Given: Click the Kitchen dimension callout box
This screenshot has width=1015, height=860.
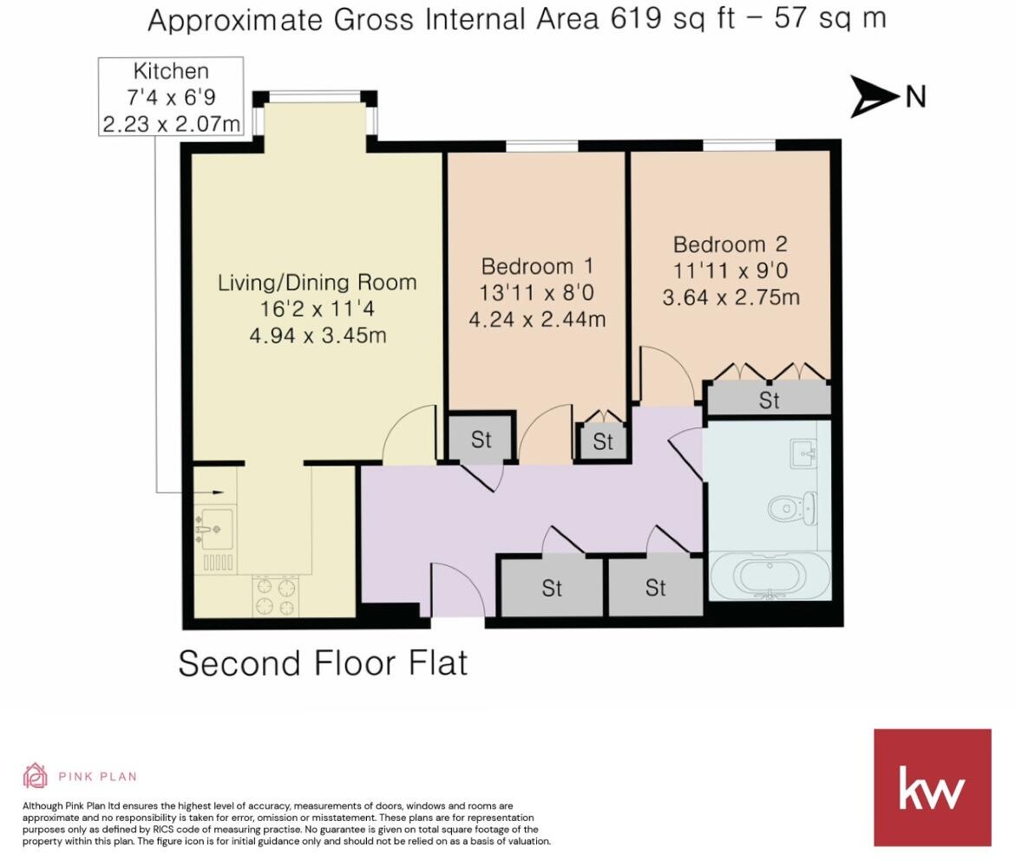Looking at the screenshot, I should pyautogui.click(x=171, y=97).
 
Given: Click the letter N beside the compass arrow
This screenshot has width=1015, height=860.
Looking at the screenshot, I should pyautogui.click(x=915, y=96).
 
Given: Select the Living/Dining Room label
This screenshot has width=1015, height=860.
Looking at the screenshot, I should pyautogui.click(x=317, y=283).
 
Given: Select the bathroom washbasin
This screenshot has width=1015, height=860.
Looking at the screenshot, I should pyautogui.click(x=803, y=453).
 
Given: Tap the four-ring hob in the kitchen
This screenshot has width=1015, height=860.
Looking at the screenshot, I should pyautogui.click(x=275, y=596).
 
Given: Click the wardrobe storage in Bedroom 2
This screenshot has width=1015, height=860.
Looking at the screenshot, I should pyautogui.click(x=769, y=400).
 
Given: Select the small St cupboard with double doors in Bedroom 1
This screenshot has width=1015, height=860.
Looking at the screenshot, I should pyautogui.click(x=603, y=440).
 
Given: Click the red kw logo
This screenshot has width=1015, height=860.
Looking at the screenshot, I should pyautogui.click(x=932, y=787).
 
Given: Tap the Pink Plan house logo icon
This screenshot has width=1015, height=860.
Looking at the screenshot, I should pyautogui.click(x=35, y=775).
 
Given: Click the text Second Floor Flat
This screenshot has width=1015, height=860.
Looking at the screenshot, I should pyautogui.click(x=323, y=663).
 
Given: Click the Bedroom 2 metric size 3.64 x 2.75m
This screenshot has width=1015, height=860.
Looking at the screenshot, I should pyautogui.click(x=730, y=298).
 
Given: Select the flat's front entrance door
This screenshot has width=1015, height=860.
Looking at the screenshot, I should pyautogui.click(x=457, y=591).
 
